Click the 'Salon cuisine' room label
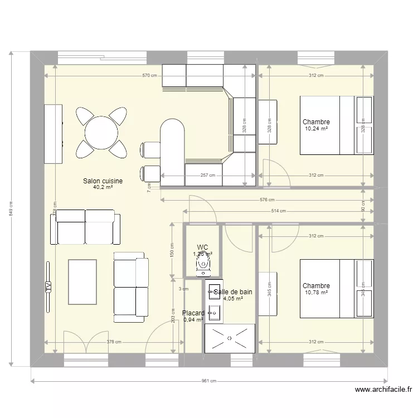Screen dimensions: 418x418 (103, 181)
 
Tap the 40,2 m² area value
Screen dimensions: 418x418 (103, 188)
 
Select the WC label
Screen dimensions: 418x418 (202, 247)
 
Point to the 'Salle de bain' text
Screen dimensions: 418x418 (232, 291)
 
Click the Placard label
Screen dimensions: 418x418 (193, 313)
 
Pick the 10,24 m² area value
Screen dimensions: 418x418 (315, 129)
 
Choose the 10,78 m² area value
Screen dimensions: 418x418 (315, 293)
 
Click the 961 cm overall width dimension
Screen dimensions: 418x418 (208, 381)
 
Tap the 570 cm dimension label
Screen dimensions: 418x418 (148, 76)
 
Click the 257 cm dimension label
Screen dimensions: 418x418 (207, 175)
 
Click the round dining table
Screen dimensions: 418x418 (101, 133)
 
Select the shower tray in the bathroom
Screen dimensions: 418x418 (230, 338)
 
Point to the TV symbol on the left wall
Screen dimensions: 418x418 (48, 287)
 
